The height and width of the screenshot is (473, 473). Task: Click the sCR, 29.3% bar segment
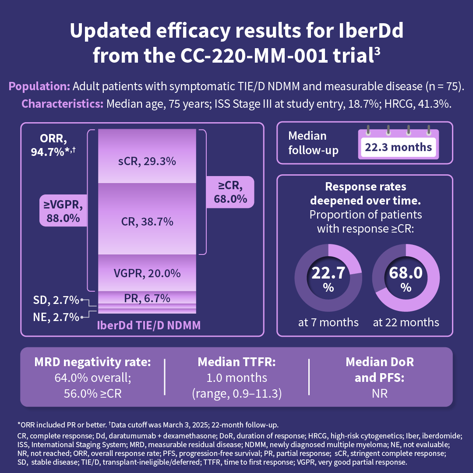147,162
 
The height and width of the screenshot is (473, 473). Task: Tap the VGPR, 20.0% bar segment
147,273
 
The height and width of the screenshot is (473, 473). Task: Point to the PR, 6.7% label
147,298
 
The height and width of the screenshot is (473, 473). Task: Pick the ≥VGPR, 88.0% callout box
62,212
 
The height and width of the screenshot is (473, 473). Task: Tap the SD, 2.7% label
56,300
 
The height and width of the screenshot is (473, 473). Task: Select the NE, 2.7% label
56,317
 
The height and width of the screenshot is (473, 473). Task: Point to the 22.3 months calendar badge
399,146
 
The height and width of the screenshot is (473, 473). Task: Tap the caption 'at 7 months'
328,323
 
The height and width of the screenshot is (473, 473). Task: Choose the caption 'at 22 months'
406,323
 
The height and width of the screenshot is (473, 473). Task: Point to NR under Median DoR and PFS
380,393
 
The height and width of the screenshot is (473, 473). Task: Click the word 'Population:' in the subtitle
46,86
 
